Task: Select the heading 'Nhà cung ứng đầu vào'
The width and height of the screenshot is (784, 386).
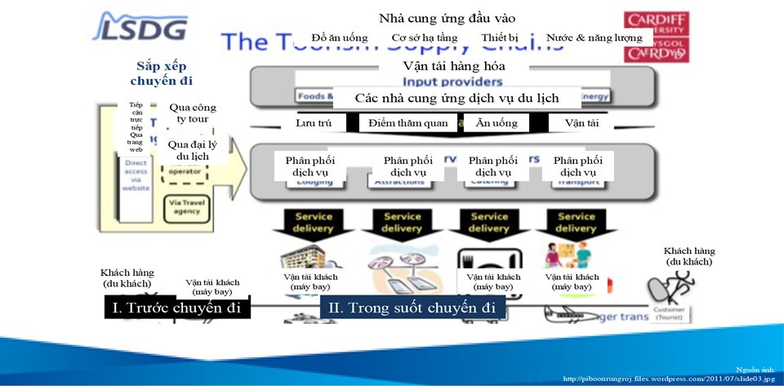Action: pyautogui.click(x=448, y=18)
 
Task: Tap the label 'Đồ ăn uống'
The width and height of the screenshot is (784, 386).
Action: pyautogui.click(x=340, y=38)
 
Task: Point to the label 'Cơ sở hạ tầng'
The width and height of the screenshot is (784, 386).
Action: pyautogui.click(x=424, y=38)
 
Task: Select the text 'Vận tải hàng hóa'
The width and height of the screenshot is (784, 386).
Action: pyautogui.click(x=454, y=66)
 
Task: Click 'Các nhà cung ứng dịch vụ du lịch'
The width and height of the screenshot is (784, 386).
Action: pyautogui.click(x=457, y=97)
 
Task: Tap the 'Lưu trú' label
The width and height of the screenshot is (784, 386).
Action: pyautogui.click(x=313, y=122)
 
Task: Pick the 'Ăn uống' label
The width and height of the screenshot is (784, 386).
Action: pyautogui.click(x=495, y=122)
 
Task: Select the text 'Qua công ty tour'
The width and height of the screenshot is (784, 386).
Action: pyautogui.click(x=193, y=113)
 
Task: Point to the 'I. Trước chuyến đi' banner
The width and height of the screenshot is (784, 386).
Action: pyautogui.click(x=177, y=308)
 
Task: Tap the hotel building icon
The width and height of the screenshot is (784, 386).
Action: pyautogui.click(x=304, y=257)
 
